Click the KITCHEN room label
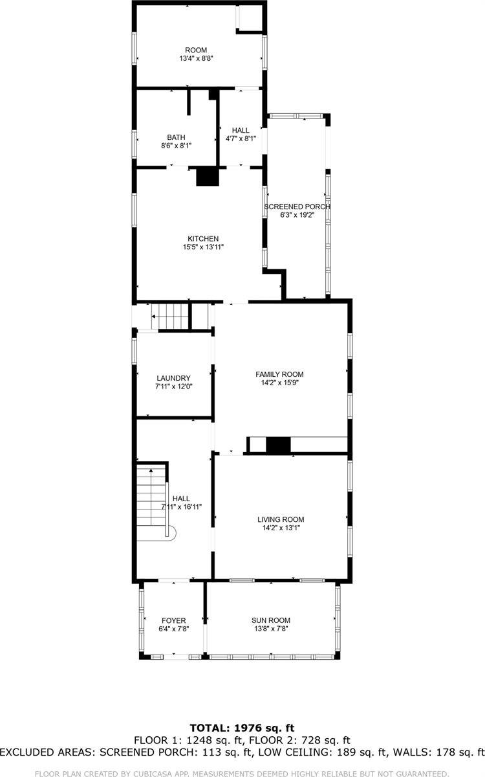(203, 238)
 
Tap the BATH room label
(176, 137)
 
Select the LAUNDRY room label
(173, 378)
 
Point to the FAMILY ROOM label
(279, 374)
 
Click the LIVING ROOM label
(281, 519)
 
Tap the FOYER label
(174, 620)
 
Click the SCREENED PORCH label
(297, 207)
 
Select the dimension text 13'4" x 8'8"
(196, 58)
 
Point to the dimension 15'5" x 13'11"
(203, 247)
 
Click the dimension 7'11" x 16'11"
(182, 507)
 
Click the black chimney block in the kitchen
(207, 177)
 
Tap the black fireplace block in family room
(279, 445)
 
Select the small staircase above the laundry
(173, 317)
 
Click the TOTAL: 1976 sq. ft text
(242, 728)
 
